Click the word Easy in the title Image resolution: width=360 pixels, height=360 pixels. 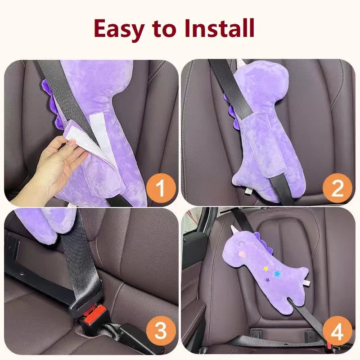(x=119, y=29)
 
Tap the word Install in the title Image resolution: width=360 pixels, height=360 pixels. (x=220, y=28)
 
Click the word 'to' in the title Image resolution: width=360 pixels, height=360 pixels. (x=164, y=29)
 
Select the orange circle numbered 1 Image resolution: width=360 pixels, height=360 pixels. (x=161, y=188)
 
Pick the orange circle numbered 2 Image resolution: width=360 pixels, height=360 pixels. (x=337, y=188)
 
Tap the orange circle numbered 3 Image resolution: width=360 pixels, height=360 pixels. (x=161, y=331)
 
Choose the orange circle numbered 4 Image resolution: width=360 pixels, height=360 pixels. (x=337, y=331)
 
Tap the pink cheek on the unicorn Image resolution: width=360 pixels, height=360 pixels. (x=241, y=254)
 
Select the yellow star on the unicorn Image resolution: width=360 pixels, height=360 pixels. (x=266, y=268)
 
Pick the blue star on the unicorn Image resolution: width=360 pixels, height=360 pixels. (x=277, y=274)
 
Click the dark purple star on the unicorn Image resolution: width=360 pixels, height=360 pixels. (x=267, y=280)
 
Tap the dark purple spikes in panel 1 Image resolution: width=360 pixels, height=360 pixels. (x=52, y=103)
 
